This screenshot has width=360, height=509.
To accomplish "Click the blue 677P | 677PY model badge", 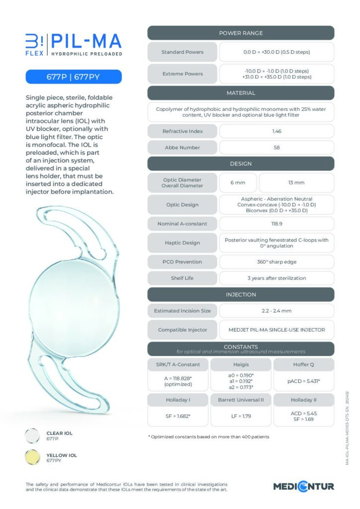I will [74, 77].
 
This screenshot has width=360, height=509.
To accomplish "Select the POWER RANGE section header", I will [241, 33].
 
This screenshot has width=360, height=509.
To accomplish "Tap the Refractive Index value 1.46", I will [276, 131].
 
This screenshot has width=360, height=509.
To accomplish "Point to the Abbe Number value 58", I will [276, 148].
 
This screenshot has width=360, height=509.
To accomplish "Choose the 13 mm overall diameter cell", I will [296, 182].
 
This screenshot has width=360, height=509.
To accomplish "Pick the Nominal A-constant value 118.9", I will [276, 224].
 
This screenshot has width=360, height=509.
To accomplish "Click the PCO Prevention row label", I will [182, 261].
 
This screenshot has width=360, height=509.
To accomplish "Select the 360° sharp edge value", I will [276, 261].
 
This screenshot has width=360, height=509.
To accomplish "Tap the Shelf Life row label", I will [182, 278].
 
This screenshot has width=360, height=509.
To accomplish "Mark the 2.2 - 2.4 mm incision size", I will [276, 311].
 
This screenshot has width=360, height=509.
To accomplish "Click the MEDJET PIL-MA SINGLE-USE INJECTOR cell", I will [276, 330].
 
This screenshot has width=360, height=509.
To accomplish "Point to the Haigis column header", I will [241, 364].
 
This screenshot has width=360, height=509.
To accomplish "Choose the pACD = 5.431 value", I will [303, 381].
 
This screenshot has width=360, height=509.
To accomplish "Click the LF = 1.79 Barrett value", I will [241, 416].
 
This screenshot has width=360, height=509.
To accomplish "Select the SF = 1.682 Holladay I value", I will [178, 416].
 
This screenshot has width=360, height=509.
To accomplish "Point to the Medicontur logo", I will [303, 486].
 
